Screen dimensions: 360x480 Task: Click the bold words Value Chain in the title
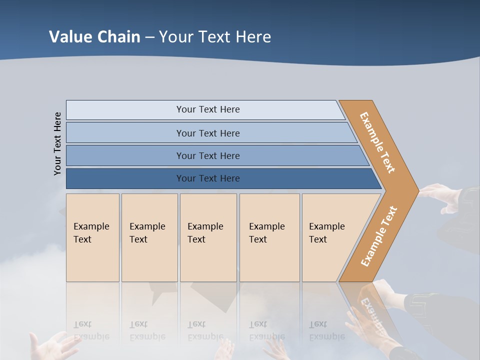coord(94,37)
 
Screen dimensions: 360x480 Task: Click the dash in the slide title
coord(149,37)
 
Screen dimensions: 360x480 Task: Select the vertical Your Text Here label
coord(57,143)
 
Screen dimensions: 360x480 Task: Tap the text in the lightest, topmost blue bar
coord(208,109)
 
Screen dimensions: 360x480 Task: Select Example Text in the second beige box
coord(147,232)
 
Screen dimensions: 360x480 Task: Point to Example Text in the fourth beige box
coord(266,232)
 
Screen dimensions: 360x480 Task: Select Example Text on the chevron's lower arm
coord(379,236)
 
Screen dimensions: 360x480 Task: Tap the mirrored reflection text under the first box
coord(91,330)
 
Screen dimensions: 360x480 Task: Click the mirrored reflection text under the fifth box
coord(326,330)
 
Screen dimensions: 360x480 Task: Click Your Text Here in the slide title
coord(215,37)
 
